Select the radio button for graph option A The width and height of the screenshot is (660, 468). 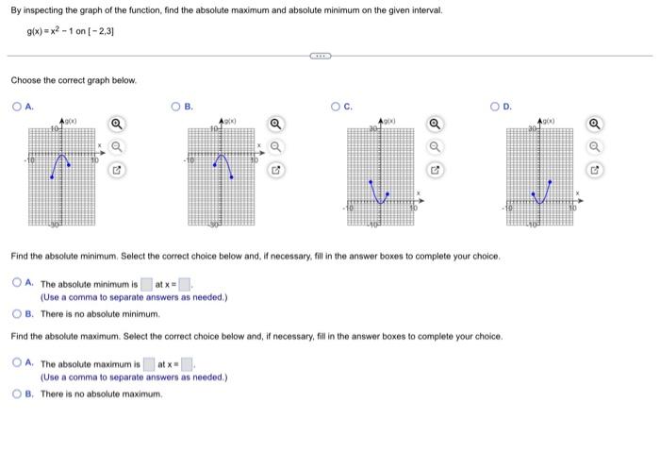(x=17, y=108)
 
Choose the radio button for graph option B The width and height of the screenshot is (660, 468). (x=176, y=108)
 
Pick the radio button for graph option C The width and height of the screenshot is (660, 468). (x=336, y=108)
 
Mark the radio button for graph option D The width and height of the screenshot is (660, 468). (x=495, y=108)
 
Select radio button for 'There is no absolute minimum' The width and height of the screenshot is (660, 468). (x=17, y=313)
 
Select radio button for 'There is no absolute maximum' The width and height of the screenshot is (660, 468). (x=17, y=393)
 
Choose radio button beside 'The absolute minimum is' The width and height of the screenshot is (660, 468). (x=17, y=283)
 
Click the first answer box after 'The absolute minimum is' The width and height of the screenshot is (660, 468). (x=146, y=284)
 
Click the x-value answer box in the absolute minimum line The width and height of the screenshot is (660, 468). (x=186, y=284)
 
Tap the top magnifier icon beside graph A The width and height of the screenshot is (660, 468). (x=115, y=125)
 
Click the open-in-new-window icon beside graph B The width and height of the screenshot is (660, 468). (x=275, y=171)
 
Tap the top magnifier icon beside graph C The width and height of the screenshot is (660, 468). (x=435, y=125)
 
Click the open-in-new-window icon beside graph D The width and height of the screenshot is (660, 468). (x=594, y=171)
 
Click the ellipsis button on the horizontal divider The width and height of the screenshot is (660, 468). (x=321, y=56)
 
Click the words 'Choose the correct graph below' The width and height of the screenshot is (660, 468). (x=74, y=80)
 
